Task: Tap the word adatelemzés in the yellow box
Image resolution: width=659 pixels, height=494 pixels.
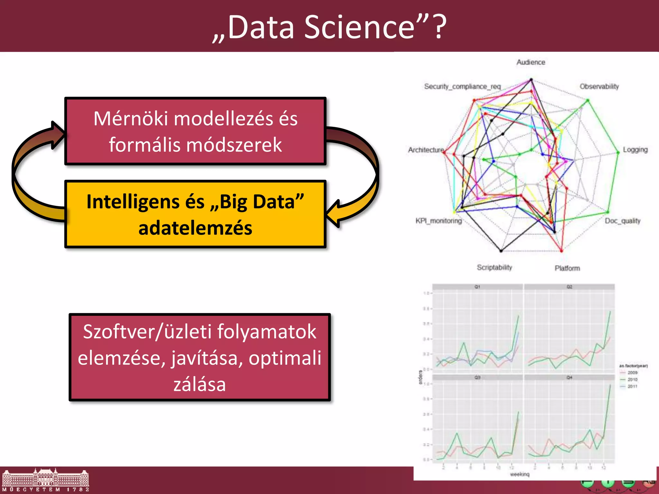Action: click(195, 228)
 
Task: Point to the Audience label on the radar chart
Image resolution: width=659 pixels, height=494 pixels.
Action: click(531, 62)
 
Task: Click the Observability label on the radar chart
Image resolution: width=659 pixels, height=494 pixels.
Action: click(599, 87)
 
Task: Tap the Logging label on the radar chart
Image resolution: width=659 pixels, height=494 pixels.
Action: click(635, 150)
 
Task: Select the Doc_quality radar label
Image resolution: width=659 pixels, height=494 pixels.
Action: click(622, 221)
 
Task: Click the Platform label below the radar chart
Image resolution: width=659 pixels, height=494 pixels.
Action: click(567, 268)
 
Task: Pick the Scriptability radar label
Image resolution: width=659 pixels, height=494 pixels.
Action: click(494, 268)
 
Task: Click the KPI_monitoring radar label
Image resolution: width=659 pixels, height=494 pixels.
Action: click(438, 221)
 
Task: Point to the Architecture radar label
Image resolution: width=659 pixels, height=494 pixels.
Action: click(426, 150)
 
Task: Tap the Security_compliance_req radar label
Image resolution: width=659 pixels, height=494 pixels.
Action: click(462, 87)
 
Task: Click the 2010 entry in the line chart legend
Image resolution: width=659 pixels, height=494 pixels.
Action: click(632, 380)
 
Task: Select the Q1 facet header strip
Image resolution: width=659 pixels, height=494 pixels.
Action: click(477, 287)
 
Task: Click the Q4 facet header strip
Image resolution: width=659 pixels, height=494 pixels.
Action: click(569, 377)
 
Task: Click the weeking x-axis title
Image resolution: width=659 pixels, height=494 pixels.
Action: click(519, 474)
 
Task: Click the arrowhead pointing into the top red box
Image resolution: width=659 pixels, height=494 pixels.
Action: click(58, 135)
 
